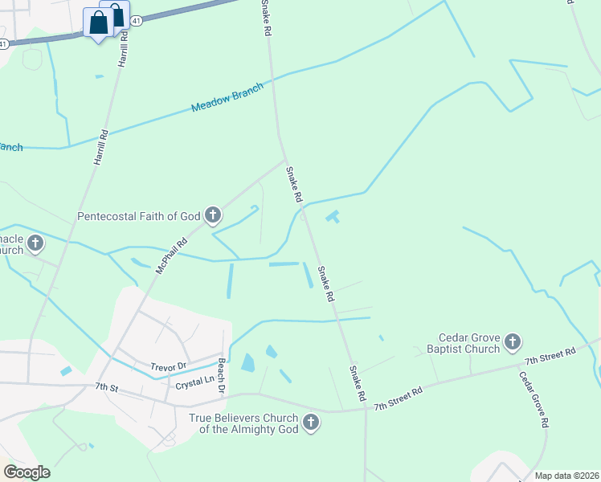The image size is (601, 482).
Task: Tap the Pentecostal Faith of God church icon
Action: pos(213,214)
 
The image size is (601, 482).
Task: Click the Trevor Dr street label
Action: pos(168,366)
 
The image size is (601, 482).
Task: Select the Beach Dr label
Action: pos(221,375)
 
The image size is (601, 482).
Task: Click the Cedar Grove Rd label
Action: pos(533,399)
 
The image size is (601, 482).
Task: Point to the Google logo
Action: pos(27,472)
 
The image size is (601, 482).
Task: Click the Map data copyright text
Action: pos(566,476)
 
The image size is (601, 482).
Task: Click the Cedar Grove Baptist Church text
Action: pos(468,344)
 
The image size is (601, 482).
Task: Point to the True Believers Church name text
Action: pos(243,423)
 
